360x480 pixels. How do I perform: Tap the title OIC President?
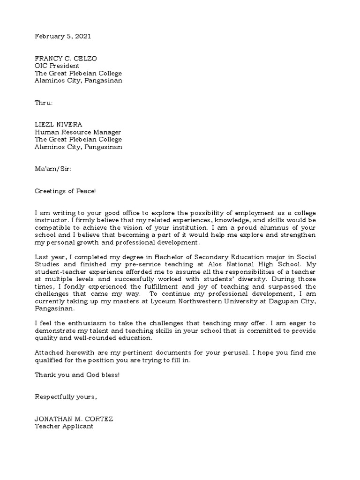(x=57, y=66)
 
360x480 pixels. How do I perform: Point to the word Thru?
(x=44, y=103)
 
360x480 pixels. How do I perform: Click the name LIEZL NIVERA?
(x=59, y=124)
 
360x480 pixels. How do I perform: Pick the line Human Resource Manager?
(x=78, y=132)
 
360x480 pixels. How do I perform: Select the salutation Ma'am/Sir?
(x=53, y=168)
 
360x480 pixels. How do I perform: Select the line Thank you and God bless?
(x=77, y=375)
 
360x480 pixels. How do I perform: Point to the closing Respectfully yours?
(x=66, y=397)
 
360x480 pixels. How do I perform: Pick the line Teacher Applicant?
(x=64, y=427)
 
